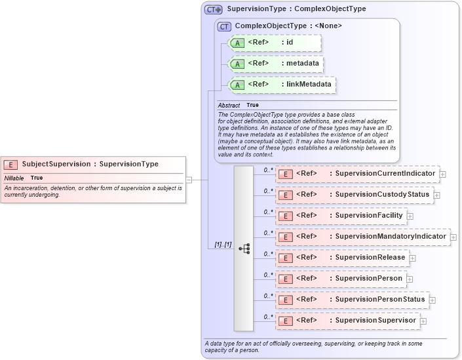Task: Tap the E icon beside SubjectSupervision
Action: [x=10, y=165]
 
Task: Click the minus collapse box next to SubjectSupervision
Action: [x=189, y=178]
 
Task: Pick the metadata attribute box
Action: [x=275, y=64]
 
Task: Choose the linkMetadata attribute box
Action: [x=281, y=85]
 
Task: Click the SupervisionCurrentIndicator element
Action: [x=356, y=174]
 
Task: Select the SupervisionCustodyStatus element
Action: [x=353, y=195]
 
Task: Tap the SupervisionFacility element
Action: [x=340, y=216]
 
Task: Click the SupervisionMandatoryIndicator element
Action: [x=362, y=237]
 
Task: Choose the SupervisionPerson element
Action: [x=339, y=279]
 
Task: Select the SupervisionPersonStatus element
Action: [x=351, y=300]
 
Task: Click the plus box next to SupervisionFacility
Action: [x=410, y=216]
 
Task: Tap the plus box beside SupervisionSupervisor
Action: [x=423, y=321]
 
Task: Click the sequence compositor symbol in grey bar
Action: [x=244, y=249]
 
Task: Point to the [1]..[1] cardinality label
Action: [x=223, y=245]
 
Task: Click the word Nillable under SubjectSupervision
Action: [x=14, y=178]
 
